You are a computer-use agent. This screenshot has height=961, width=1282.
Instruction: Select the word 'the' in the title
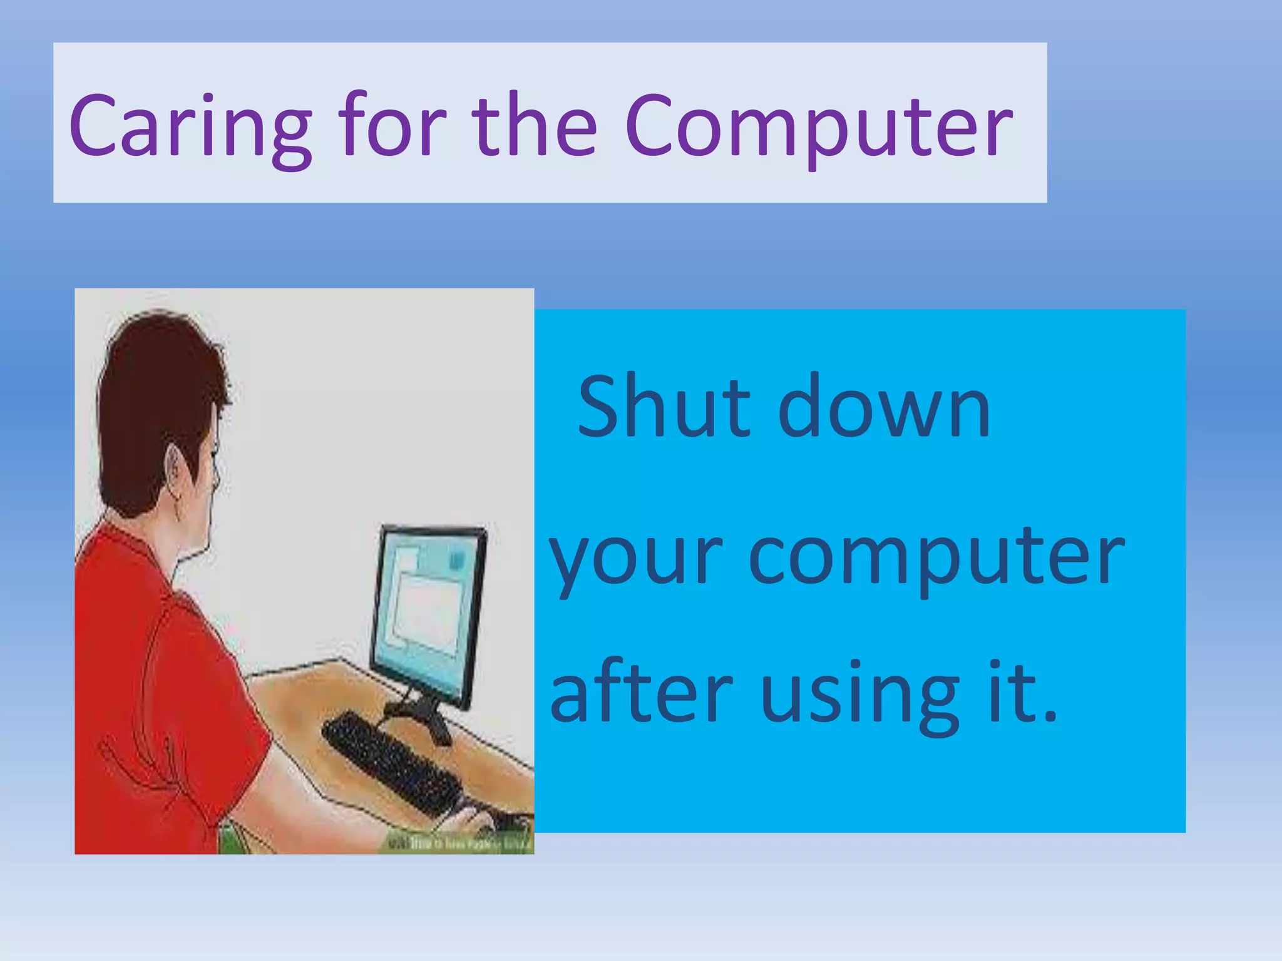[535, 125]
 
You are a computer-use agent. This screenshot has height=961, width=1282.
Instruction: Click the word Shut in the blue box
[663, 407]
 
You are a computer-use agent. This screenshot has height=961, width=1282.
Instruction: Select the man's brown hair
[156, 388]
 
